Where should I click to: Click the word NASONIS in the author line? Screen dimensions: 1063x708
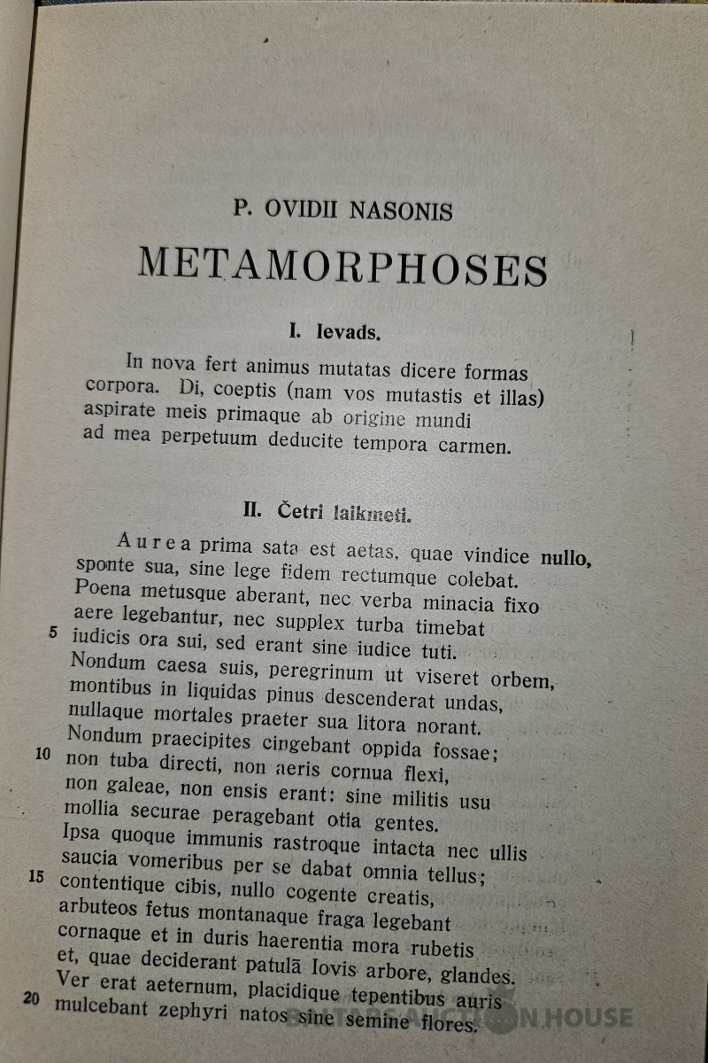[401, 211]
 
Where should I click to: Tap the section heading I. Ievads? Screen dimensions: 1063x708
[335, 333]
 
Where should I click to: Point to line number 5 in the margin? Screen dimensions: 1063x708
[53, 632]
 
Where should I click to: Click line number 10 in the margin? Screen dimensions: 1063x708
[43, 756]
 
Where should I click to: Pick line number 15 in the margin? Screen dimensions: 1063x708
[36, 877]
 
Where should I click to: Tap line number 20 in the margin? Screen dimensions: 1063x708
[32, 998]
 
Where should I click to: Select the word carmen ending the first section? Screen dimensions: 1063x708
[474, 446]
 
